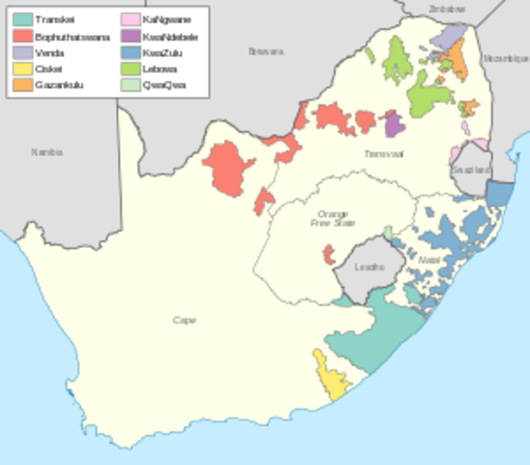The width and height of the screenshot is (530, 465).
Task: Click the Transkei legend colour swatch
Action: pos(19,19)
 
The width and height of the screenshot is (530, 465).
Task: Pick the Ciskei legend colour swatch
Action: pos(19,69)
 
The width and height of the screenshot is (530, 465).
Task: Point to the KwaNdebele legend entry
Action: pos(161,36)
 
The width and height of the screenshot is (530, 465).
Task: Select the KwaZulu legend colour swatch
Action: pos(130,52)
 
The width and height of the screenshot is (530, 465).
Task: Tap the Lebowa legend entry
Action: pos(154,69)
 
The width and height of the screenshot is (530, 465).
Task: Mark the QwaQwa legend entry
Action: pos(156,85)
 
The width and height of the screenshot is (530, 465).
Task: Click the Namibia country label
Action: pos(46,152)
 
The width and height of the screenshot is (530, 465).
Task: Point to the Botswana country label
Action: pos(265,50)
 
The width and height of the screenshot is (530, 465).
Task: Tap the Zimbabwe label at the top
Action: pos(447,8)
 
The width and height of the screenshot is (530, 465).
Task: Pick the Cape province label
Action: pos(183,320)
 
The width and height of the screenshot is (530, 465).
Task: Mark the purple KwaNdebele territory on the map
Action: pos(393,123)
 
